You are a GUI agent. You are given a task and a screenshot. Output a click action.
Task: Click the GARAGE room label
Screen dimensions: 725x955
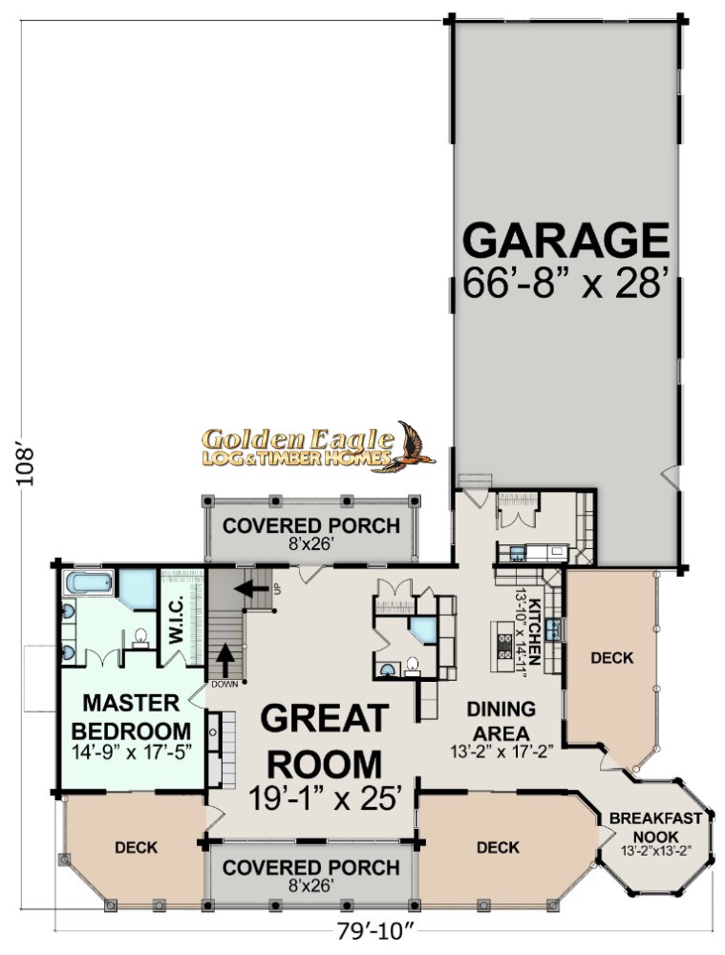click(x=566, y=241)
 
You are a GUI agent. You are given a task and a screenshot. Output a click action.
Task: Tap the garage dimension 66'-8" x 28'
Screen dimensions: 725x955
click(x=563, y=283)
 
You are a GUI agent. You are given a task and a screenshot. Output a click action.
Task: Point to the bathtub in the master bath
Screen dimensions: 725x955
click(x=89, y=583)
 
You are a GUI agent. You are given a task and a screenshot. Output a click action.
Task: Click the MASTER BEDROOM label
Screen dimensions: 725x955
click(x=131, y=716)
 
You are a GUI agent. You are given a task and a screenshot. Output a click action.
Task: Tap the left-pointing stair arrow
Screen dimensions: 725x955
click(x=253, y=589)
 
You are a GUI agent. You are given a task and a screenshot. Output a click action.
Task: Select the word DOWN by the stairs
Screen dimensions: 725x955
click(x=224, y=685)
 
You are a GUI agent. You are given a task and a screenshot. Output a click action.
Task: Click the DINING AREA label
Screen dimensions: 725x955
click(x=501, y=720)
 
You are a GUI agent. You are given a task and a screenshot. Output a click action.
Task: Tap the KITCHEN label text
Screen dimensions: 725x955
click(x=535, y=631)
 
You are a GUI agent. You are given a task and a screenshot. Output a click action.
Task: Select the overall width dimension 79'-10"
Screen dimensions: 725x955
click(x=375, y=931)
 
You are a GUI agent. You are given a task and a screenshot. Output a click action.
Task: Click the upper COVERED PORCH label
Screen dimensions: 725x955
click(x=310, y=525)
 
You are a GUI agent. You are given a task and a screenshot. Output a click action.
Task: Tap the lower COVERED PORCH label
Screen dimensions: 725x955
click(x=310, y=867)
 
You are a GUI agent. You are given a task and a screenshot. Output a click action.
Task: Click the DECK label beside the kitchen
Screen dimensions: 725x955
click(x=611, y=658)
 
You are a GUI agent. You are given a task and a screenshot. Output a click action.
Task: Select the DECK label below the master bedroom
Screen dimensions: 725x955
click(x=137, y=847)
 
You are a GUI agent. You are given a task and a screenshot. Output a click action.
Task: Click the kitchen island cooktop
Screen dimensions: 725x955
click(x=505, y=647)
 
